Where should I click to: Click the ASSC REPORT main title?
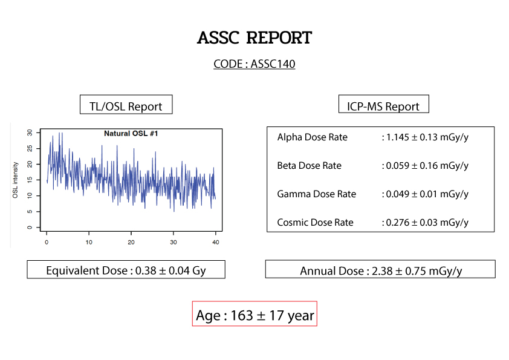254,38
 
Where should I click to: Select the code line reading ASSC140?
254,64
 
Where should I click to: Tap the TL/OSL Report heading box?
126,106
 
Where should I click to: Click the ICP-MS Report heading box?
383,106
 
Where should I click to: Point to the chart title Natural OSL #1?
131,133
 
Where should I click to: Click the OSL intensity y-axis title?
16,180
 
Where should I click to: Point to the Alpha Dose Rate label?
312,137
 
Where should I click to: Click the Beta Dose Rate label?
309,166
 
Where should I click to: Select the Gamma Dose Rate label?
316,194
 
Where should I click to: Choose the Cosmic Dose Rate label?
315,223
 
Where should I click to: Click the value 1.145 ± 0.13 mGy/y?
427,137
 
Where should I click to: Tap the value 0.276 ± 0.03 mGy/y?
427,223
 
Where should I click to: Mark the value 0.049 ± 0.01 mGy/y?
427,194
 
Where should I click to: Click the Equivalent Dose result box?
126,270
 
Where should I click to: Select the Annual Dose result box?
380,270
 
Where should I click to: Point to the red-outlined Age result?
254,315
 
